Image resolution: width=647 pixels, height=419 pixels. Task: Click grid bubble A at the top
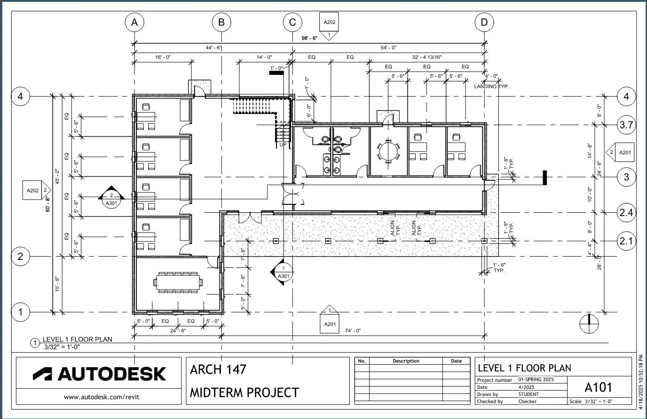click(134, 22)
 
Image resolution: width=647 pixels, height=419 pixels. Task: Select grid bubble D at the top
click(484, 22)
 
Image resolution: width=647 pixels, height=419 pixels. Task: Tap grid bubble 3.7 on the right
click(626, 125)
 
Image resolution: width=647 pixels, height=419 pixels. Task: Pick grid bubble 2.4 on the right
click(626, 213)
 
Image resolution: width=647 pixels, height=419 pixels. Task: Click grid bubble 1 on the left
click(20, 312)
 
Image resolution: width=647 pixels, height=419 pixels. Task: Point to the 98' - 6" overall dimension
click(309, 38)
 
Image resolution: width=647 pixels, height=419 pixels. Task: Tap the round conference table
click(388, 151)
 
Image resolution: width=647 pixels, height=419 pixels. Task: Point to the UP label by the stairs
click(283, 145)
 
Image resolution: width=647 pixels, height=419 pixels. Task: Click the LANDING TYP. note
click(491, 86)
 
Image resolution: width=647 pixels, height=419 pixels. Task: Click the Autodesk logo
click(99, 374)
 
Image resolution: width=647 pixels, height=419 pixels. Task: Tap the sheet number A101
click(598, 387)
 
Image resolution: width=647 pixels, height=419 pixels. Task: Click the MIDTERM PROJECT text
click(244, 392)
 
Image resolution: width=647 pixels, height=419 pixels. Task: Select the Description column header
click(406, 361)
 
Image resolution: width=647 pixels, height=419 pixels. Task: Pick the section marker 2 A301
click(111, 198)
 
